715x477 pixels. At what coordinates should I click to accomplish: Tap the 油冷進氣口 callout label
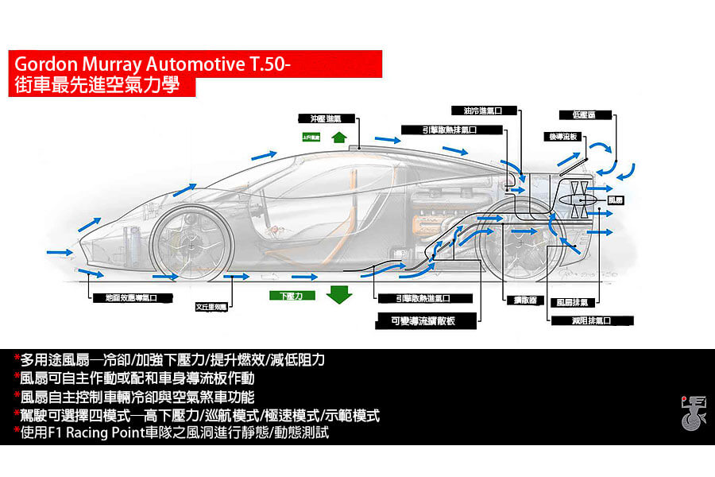coord(484,111)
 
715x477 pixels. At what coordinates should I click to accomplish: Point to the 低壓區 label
coord(600,115)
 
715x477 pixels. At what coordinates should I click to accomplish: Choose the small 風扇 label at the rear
coord(617,200)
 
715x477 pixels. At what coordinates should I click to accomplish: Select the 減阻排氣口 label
coord(591,320)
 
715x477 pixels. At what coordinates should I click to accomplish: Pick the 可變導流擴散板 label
coord(427,320)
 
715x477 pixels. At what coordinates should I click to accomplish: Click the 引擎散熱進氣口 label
coord(424,299)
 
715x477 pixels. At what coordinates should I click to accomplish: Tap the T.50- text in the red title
coord(265,64)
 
